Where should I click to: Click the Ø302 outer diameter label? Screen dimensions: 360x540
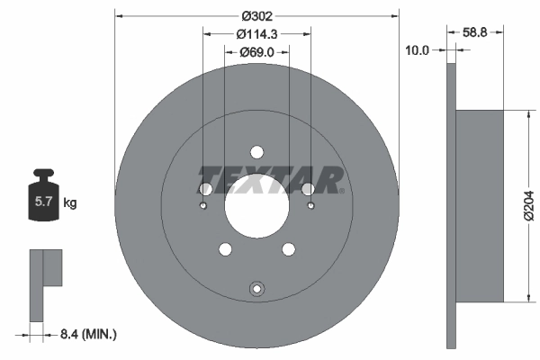[256, 14]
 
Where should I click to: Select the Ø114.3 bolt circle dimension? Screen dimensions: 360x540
[256, 34]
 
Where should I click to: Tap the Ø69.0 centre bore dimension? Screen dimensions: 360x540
[256, 53]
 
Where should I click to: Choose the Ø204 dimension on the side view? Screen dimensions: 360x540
[528, 206]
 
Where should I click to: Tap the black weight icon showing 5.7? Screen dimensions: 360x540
[42, 201]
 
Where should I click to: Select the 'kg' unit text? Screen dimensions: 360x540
[70, 203]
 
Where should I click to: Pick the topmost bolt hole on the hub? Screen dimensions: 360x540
[256, 151]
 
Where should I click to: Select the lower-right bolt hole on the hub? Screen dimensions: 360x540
[288, 249]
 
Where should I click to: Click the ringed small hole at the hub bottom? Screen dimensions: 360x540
[256, 289]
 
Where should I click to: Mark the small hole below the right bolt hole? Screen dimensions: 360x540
[310, 206]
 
